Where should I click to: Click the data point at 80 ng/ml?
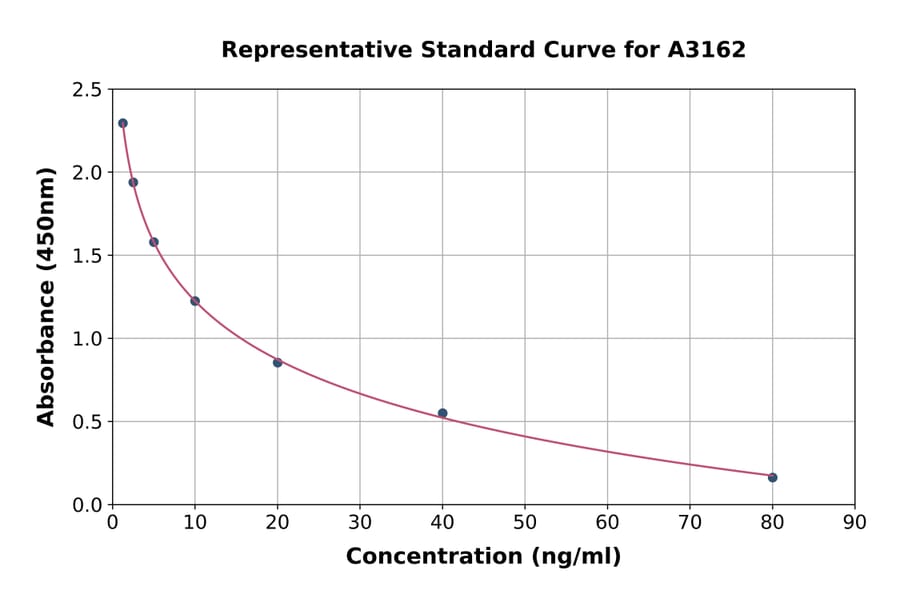coord(772,477)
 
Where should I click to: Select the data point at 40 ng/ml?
coord(442,413)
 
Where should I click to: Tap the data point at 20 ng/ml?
coord(277,362)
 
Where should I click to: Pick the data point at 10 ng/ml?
coord(195,301)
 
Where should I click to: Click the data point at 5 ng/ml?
coord(154,242)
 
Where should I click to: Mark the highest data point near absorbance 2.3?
coord(123,123)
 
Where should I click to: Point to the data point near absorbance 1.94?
coord(133,182)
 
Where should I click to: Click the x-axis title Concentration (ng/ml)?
coord(483,557)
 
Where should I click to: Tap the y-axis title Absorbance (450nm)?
coord(46,296)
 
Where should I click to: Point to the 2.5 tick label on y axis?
coord(86,90)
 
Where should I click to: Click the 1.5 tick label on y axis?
coord(86,256)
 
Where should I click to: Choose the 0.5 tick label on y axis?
coord(86,422)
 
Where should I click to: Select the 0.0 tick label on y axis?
coord(86,505)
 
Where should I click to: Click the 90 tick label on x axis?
coord(854,522)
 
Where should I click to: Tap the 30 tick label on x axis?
coord(360,522)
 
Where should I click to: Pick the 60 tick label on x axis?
coord(607,522)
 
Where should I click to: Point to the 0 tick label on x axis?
coord(113,522)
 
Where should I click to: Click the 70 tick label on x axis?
coord(689,522)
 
